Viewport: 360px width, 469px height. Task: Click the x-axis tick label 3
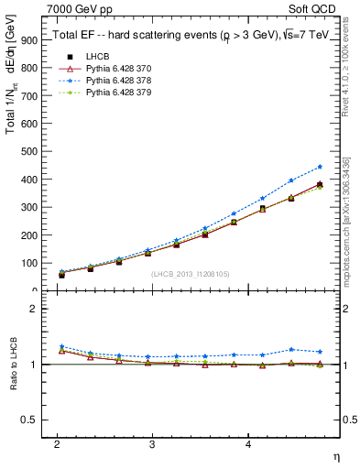152,443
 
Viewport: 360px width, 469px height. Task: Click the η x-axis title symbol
335,455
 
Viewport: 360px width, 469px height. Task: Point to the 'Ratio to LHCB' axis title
12,364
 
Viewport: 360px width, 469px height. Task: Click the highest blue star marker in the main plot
320,167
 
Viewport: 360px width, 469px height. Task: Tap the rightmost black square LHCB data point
320,185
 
